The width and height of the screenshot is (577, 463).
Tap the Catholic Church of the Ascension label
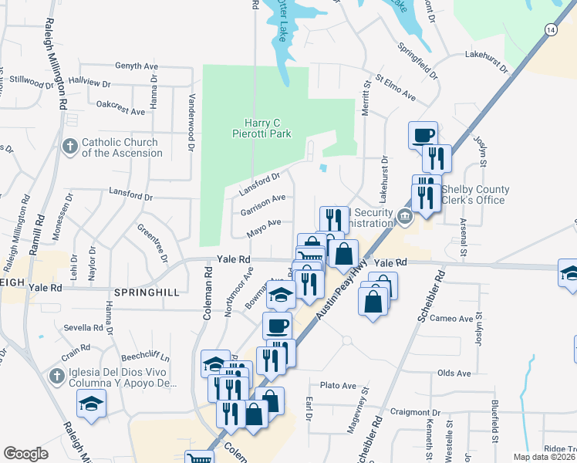(121, 147)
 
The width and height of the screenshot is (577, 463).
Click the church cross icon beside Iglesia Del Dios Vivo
(56, 377)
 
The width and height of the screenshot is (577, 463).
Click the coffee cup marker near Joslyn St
(423, 134)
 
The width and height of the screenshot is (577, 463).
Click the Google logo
(25, 453)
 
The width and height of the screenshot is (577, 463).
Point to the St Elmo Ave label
(396, 89)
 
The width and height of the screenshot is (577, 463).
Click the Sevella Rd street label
(83, 328)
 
